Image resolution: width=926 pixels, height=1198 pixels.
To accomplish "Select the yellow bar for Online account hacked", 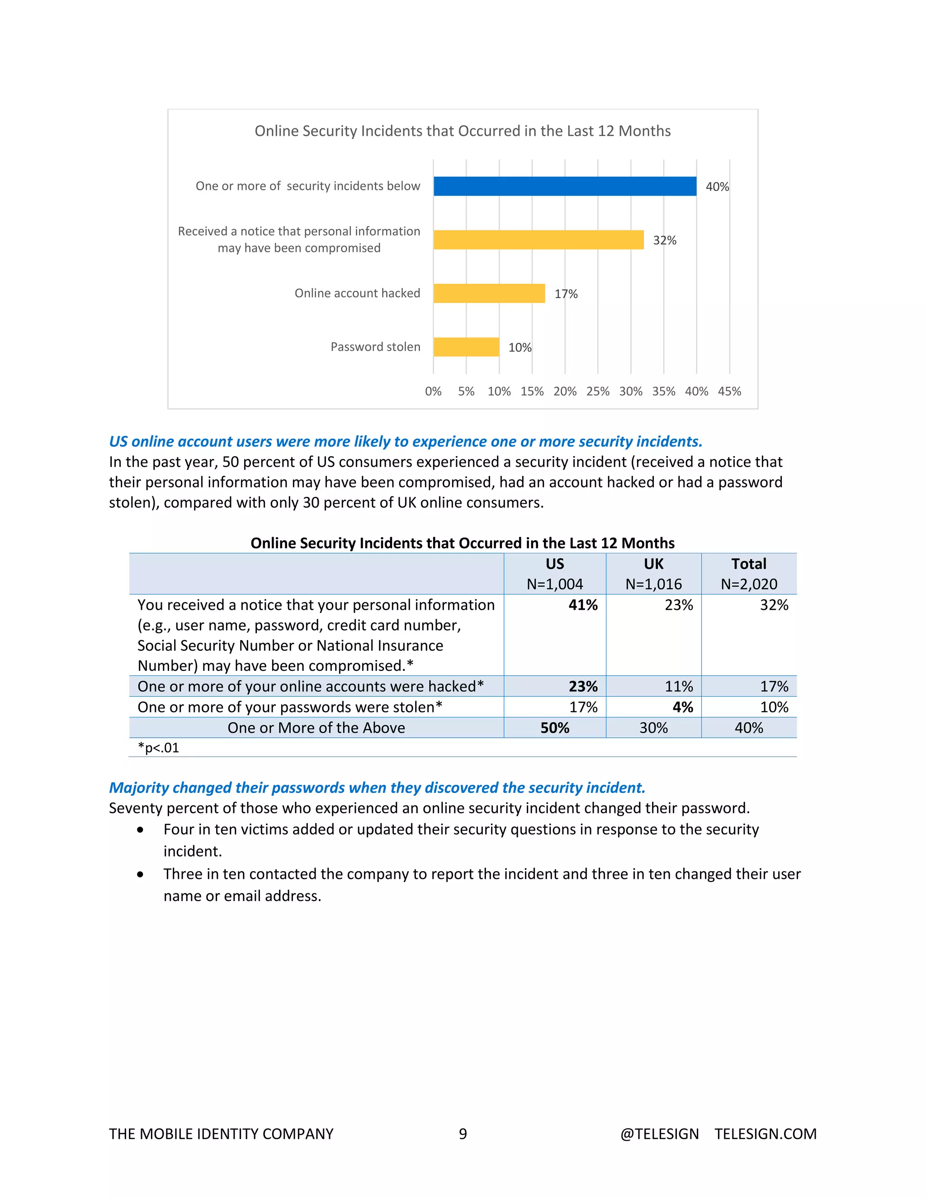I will click(489, 293).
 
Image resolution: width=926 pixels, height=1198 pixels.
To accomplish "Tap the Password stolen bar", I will click(466, 347).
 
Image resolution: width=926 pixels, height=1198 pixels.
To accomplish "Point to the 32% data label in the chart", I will click(664, 240).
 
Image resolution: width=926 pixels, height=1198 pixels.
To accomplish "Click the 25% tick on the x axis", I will click(597, 391).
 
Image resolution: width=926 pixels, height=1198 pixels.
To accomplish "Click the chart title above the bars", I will click(463, 131).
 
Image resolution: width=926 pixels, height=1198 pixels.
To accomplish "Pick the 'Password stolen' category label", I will click(375, 347).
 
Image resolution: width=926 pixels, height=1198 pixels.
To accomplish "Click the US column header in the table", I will click(555, 564).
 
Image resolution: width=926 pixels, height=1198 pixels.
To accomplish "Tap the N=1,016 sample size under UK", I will click(653, 584).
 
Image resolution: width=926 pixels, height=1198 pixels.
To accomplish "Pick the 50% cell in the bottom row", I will click(555, 728).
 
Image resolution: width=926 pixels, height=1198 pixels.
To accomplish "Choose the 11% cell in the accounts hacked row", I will click(679, 687).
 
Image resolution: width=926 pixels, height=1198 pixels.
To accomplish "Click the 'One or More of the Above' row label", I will click(316, 728).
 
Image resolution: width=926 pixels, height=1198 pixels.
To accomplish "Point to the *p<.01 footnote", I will click(159, 748).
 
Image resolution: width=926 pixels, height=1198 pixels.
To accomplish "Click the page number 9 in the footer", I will click(463, 1134).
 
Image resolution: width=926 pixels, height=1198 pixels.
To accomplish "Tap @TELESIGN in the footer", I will click(659, 1134).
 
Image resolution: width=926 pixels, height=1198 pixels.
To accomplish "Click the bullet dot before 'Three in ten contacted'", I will click(141, 875).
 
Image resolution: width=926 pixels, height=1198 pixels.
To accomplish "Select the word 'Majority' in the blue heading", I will click(139, 788).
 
